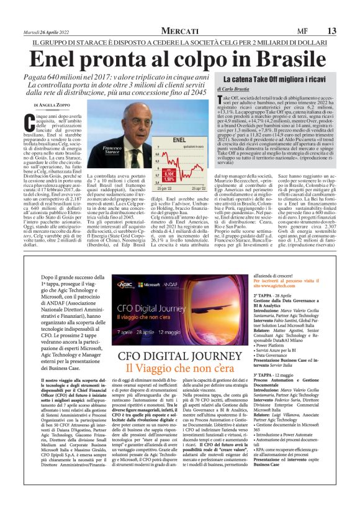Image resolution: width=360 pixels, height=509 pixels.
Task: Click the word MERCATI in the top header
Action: pyautogui.click(x=179, y=30)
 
